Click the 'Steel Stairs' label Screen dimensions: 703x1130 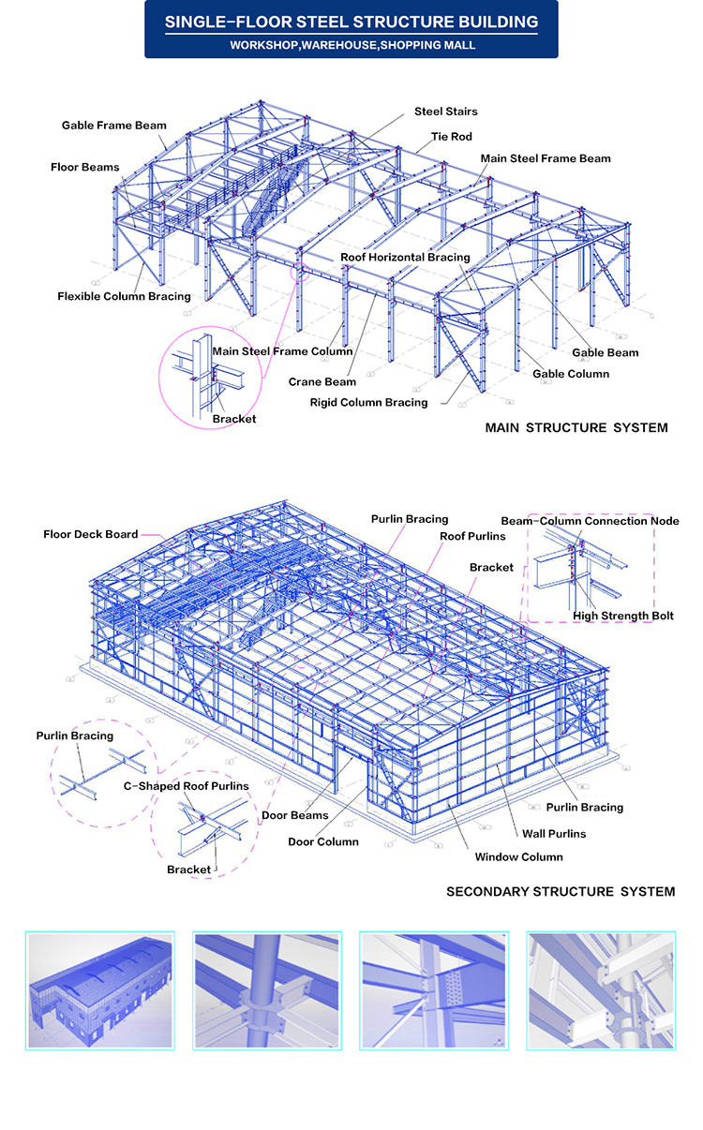tap(445, 112)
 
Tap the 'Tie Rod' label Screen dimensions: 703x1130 tap(451, 137)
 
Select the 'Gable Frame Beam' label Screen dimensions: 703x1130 tap(114, 126)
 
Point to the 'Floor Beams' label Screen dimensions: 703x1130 tap(84, 167)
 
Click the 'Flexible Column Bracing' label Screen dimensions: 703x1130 tap(124, 296)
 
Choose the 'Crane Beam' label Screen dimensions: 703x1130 tap(322, 382)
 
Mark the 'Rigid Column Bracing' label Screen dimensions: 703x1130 tap(368, 403)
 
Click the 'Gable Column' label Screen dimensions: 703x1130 tap(571, 374)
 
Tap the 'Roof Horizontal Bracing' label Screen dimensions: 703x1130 tap(405, 258)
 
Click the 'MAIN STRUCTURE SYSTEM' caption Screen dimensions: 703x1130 tap(576, 428)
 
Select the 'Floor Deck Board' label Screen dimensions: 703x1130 tap(90, 534)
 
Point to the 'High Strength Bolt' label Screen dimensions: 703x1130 tap(622, 616)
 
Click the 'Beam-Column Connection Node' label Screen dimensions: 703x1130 tap(590, 521)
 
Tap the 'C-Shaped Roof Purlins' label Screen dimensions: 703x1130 tap(187, 786)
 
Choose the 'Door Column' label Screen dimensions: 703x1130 tap(323, 842)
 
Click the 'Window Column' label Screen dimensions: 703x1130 tap(518, 857)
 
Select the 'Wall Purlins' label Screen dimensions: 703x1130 tap(554, 834)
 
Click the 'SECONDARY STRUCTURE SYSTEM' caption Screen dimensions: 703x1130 tap(561, 892)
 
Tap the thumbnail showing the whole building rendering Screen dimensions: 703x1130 tap(100, 990)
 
